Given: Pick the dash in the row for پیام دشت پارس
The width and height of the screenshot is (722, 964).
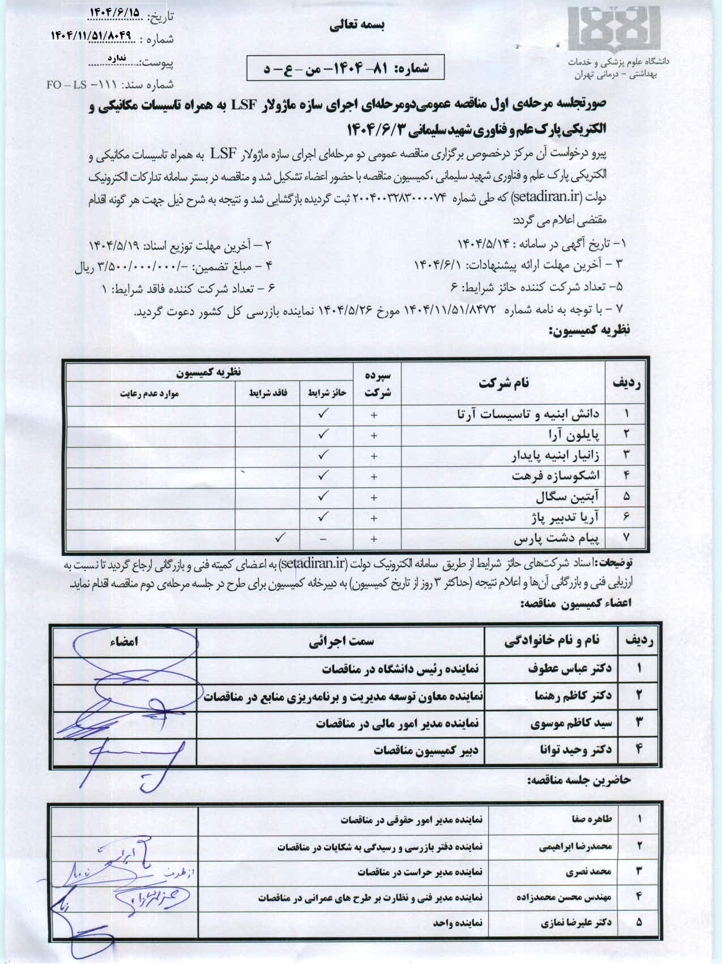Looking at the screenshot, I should tap(323, 539).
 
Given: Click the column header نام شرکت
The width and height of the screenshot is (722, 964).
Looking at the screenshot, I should tap(503, 383).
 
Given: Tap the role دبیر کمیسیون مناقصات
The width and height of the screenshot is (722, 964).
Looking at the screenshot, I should tap(426, 751).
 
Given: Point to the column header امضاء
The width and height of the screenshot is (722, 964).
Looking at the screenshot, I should tap(124, 641).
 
